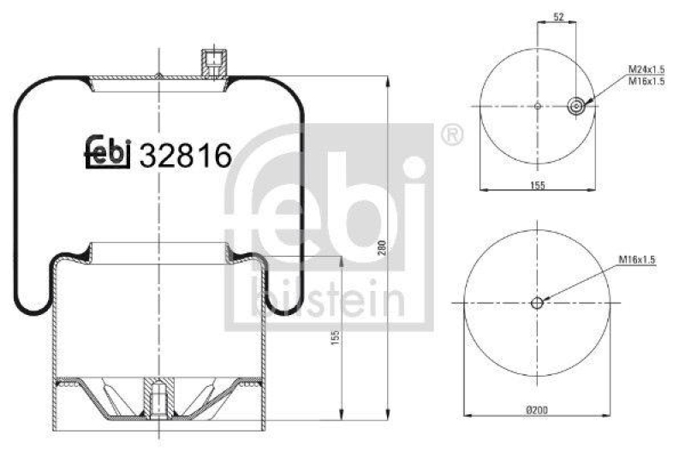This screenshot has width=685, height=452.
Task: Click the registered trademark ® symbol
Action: (452, 135)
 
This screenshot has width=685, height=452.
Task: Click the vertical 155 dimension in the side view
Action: (335, 341)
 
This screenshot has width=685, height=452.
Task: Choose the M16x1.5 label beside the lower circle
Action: (634, 260)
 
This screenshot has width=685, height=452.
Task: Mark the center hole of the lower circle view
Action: (536, 303)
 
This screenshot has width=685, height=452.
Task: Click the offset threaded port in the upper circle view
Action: (577, 106)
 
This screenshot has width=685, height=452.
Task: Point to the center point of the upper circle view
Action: (537, 106)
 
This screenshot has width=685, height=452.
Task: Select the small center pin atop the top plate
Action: (159, 74)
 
